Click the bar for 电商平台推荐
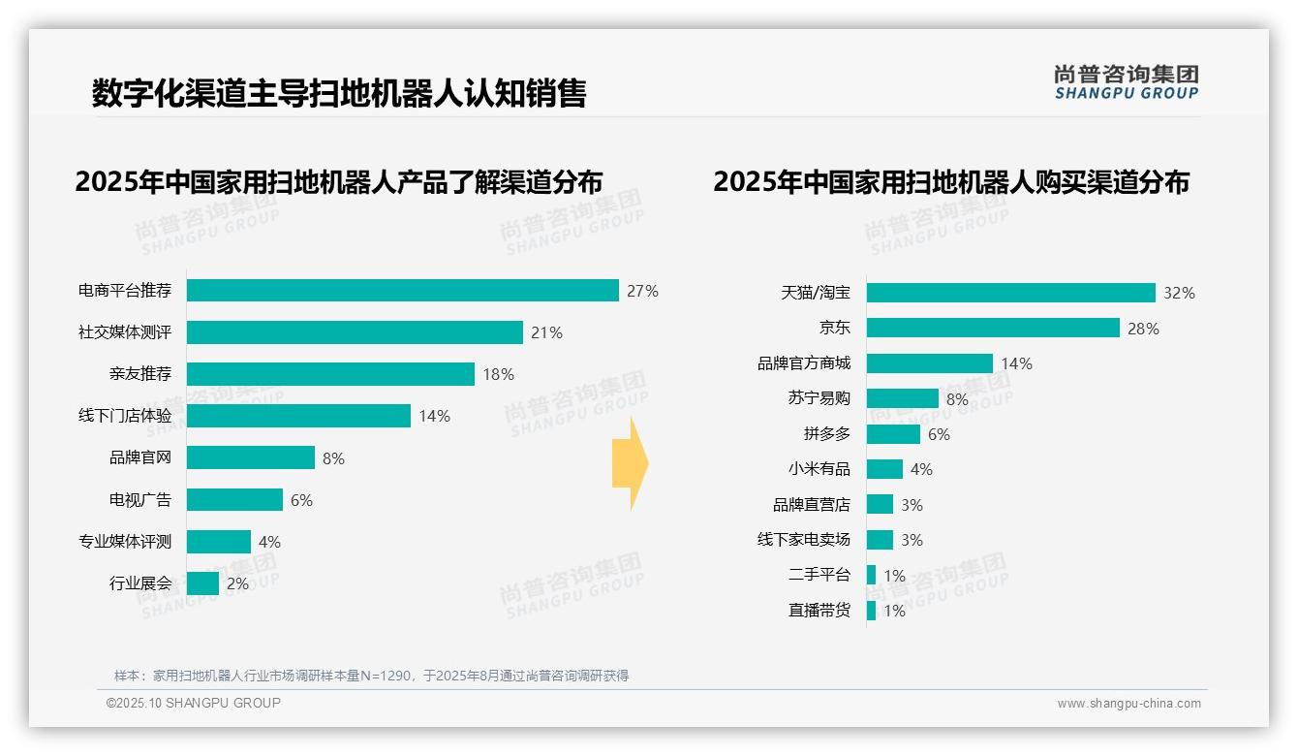[x=402, y=291]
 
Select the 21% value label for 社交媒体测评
[x=546, y=332]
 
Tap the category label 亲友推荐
[x=140, y=374]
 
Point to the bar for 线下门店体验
[x=298, y=416]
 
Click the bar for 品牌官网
[x=251, y=457]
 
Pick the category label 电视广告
[x=140, y=500]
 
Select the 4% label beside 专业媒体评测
[x=269, y=542]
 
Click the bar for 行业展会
[x=202, y=583]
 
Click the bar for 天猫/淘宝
[x=1010, y=293]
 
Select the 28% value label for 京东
[x=1143, y=329]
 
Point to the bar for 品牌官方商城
[x=929, y=363]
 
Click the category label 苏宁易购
[x=819, y=398]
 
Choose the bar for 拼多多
[x=893, y=434]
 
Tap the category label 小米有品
[x=819, y=469]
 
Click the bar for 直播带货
[x=871, y=611]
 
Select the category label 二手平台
[x=819, y=575]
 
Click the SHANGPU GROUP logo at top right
[x=1126, y=81]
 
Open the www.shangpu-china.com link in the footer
[x=1128, y=704]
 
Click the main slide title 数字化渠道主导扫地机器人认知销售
[x=339, y=93]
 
